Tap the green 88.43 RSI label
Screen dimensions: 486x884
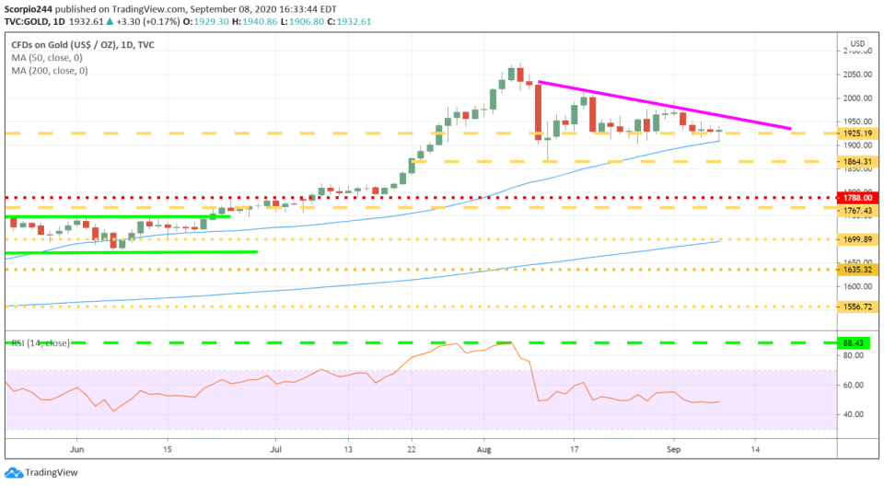point(857,342)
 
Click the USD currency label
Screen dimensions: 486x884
point(857,44)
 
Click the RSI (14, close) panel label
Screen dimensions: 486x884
point(41,342)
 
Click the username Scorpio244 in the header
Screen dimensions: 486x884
point(29,8)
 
